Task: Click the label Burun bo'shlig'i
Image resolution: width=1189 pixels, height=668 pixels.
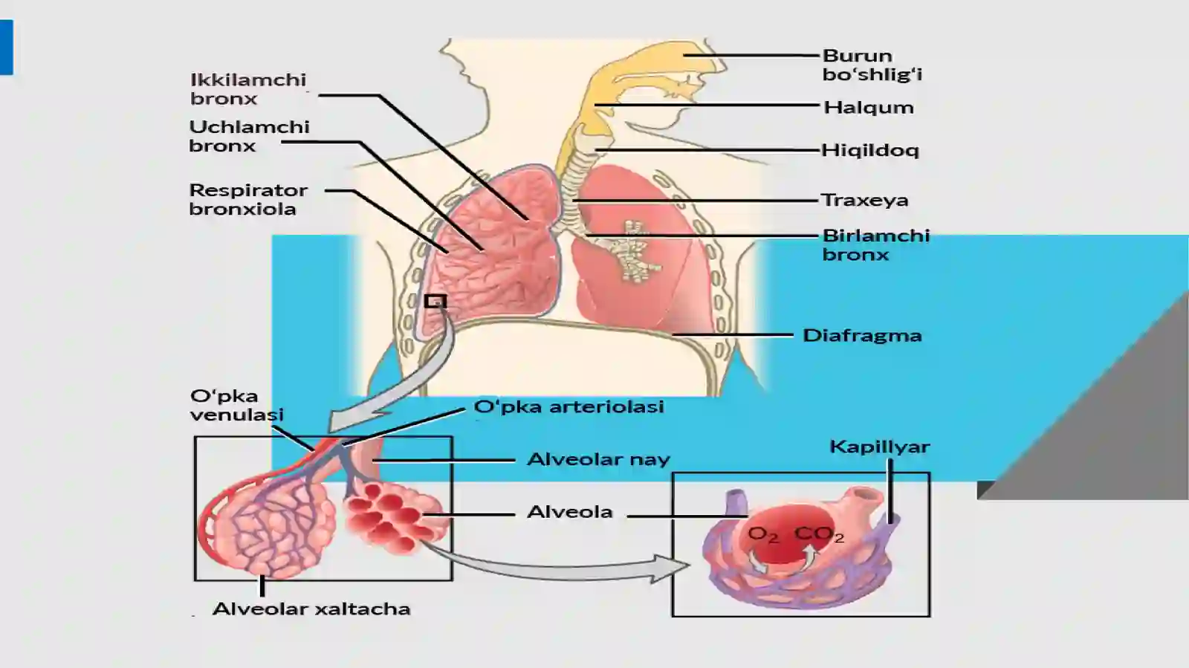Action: [x=872, y=65]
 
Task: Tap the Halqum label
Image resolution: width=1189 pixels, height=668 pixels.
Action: [x=869, y=107]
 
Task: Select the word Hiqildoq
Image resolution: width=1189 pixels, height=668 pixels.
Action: [x=870, y=150]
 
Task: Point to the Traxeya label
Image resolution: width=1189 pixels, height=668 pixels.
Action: [x=865, y=200]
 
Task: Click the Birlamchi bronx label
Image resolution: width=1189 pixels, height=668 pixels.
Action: [x=876, y=244]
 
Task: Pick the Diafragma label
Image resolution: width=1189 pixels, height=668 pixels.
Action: [x=862, y=335]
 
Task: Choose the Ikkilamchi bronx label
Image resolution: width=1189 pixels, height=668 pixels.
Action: [x=248, y=88]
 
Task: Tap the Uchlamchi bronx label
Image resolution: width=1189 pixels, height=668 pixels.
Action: [x=249, y=136]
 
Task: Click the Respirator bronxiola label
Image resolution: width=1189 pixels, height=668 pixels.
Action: [x=248, y=199]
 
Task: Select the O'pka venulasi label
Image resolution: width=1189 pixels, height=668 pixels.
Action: [x=237, y=405]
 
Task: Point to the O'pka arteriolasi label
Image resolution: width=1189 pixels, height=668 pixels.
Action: [x=568, y=406]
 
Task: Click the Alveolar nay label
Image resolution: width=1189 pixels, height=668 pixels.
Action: [x=598, y=459]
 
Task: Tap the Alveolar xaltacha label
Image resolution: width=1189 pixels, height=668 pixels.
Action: [x=311, y=609]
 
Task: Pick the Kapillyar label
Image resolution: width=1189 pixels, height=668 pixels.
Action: [x=880, y=447]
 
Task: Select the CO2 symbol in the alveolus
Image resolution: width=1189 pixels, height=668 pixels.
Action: [x=819, y=534]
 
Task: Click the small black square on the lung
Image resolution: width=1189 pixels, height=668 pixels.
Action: [x=435, y=302]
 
